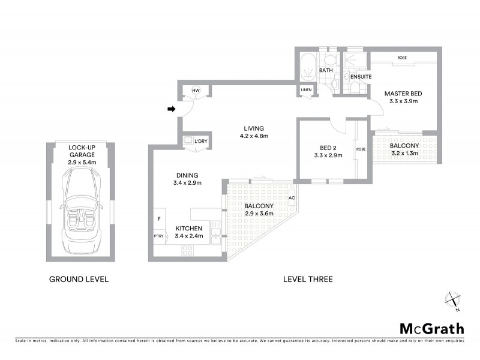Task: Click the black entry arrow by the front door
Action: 171,109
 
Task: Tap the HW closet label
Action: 196,91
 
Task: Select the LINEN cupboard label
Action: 307,91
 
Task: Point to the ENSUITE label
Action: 361,77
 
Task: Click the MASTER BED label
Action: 403,94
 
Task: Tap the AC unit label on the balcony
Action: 292,198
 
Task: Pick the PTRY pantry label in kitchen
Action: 159,236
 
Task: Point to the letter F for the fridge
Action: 158,219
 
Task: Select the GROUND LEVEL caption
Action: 79,279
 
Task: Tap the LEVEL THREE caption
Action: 308,279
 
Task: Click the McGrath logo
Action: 431,328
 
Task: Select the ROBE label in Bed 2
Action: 361,149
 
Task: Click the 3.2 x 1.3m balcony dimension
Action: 404,154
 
